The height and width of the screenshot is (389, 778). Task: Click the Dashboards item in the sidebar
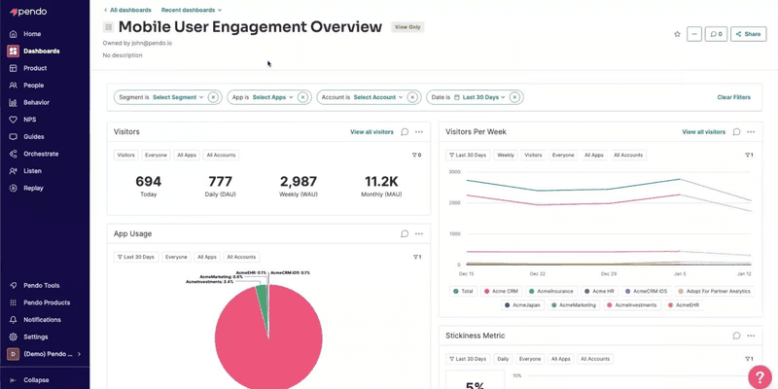(41, 51)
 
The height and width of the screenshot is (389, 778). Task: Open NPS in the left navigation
(29, 120)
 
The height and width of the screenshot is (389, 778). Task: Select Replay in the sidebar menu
(33, 188)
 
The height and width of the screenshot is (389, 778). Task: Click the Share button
(748, 34)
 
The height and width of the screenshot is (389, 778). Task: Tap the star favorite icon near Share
(677, 34)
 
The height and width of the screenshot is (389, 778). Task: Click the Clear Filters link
(733, 97)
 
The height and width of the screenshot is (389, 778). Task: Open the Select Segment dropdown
(178, 97)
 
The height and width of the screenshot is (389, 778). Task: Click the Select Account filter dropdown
(374, 97)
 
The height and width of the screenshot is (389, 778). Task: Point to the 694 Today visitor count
(148, 182)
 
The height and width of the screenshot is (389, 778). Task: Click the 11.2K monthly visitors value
(382, 182)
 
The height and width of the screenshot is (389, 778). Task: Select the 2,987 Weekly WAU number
(298, 182)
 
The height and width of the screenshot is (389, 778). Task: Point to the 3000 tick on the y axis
(453, 171)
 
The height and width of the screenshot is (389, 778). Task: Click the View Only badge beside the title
(407, 27)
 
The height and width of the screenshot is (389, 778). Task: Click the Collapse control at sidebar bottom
(36, 379)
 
